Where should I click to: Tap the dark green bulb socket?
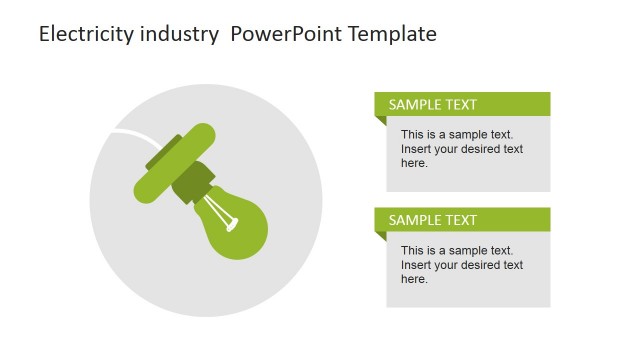(192, 181)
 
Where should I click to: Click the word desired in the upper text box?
(482, 149)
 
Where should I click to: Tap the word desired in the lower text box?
(482, 265)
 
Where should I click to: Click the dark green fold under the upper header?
(380, 121)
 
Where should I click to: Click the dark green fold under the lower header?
(380, 237)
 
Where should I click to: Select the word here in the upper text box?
(414, 163)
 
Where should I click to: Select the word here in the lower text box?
(414, 279)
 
